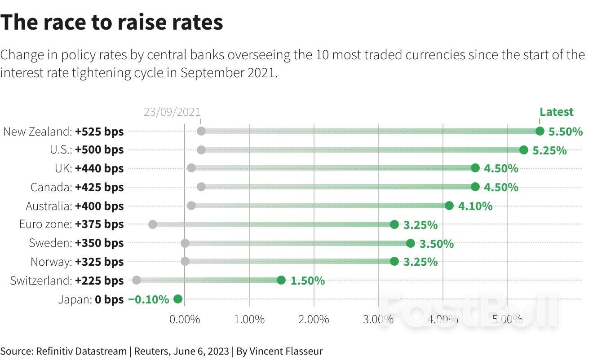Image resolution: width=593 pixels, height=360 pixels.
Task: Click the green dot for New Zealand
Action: tap(540, 131)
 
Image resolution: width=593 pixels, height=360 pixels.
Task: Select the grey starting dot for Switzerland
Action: tap(137, 280)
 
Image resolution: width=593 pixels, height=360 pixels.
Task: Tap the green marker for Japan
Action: tap(177, 299)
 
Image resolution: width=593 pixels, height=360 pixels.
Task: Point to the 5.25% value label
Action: tap(549, 150)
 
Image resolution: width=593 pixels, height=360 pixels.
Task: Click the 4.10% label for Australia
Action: tap(475, 206)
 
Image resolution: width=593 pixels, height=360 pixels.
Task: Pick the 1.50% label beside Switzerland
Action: tap(307, 281)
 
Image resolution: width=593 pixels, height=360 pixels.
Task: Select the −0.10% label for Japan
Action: tap(149, 299)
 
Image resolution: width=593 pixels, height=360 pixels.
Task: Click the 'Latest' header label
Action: tap(556, 112)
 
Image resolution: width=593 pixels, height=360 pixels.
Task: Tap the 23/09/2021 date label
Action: tap(172, 112)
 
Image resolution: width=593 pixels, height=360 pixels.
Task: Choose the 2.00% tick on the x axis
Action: tap(314, 320)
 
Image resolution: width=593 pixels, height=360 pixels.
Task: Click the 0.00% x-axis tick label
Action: tap(185, 320)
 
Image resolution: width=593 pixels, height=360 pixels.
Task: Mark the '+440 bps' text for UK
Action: tap(99, 169)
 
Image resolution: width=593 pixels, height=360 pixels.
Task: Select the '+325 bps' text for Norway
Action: tap(99, 262)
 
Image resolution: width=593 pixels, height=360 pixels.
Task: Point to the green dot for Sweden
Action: tap(410, 243)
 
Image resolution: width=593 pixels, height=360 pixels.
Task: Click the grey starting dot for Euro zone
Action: tap(152, 224)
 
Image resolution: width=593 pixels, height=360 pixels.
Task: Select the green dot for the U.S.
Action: tap(523, 150)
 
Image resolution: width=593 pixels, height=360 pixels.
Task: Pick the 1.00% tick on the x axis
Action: tap(249, 320)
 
